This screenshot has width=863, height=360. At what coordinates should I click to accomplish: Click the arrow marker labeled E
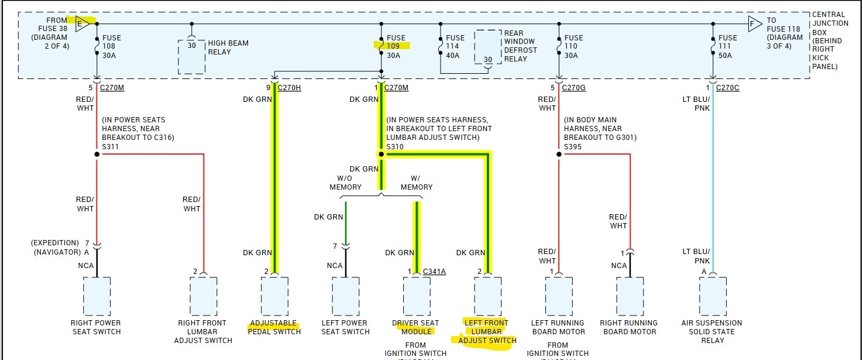pyautogui.click(x=84, y=24)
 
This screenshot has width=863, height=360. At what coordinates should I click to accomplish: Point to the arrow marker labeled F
pyautogui.click(x=755, y=24)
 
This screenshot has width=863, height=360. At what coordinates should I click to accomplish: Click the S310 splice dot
pyautogui.click(x=381, y=155)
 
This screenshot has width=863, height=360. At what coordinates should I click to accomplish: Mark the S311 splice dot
pyautogui.click(x=97, y=155)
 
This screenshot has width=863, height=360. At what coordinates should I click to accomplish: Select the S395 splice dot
pyautogui.click(x=559, y=155)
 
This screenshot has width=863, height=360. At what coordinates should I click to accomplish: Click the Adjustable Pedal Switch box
pyautogui.click(x=274, y=296)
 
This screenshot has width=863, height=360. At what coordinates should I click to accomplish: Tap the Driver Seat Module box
pyautogui.click(x=417, y=296)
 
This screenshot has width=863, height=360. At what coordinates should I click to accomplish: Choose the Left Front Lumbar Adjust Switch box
pyautogui.click(x=487, y=296)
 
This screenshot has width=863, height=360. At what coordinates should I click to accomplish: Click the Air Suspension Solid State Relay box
pyautogui.click(x=713, y=296)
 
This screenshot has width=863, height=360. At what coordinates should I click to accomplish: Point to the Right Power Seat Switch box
pyautogui.click(x=97, y=296)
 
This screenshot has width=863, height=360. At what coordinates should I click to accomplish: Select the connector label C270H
pyautogui.click(x=290, y=88)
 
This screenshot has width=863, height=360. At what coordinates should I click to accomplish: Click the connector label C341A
pyautogui.click(x=434, y=271)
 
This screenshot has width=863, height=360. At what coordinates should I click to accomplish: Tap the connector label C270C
pyautogui.click(x=727, y=88)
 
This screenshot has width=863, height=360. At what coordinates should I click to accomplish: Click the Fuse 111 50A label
pyautogui.click(x=728, y=46)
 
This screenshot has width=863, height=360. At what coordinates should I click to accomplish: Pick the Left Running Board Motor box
pyautogui.click(x=559, y=296)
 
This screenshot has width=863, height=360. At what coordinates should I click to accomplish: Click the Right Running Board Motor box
pyautogui.click(x=630, y=296)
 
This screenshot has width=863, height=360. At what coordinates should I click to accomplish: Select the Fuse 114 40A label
pyautogui.click(x=455, y=46)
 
